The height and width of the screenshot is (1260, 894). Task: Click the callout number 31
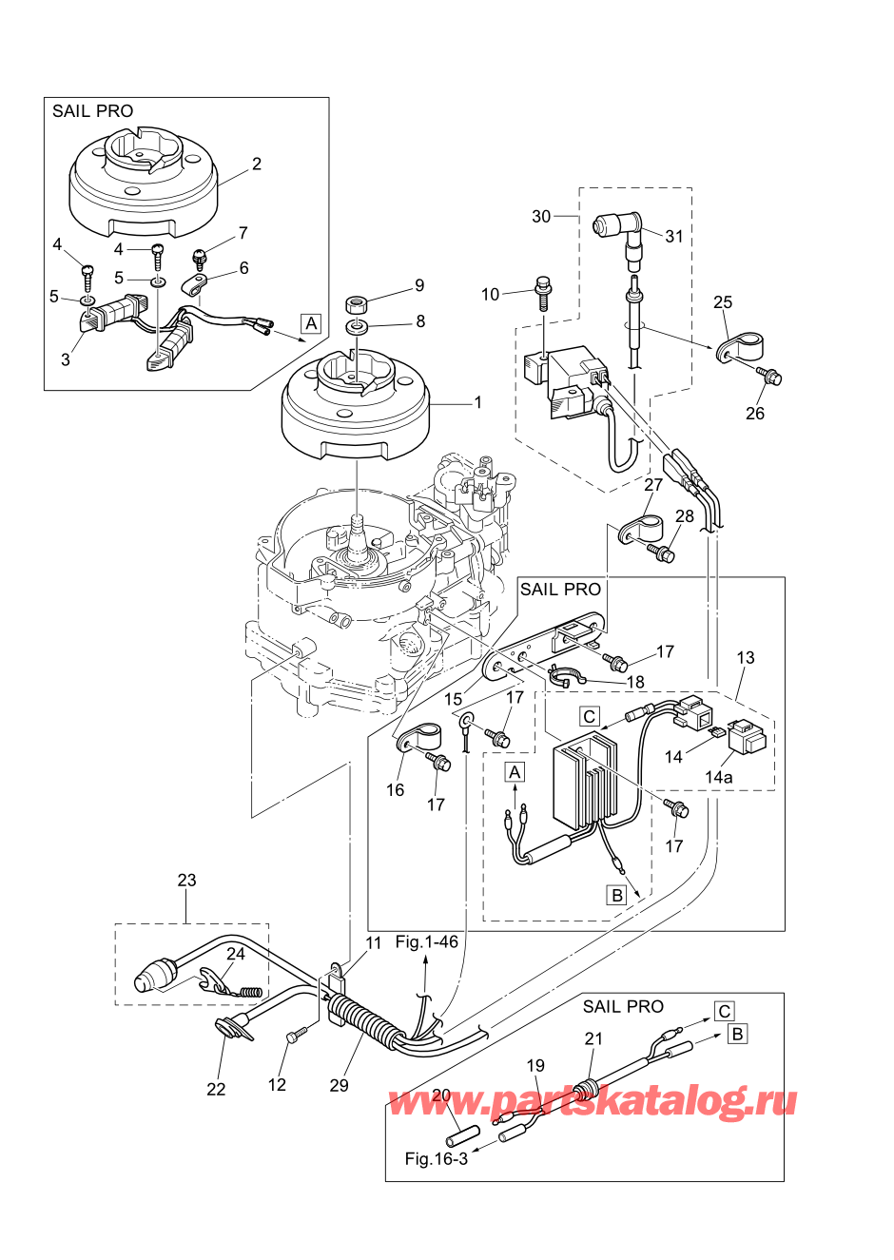(674, 236)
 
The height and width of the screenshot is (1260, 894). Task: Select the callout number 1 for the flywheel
(478, 402)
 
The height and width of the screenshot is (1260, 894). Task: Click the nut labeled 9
(358, 304)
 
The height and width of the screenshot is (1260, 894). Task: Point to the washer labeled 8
(358, 327)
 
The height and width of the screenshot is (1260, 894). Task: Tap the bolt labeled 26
(771, 377)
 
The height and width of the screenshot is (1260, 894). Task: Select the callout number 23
(186, 880)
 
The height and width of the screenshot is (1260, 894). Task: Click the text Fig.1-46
(427, 941)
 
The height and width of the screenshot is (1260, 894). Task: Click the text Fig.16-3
(437, 1158)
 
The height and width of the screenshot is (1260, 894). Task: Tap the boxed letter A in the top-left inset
(311, 323)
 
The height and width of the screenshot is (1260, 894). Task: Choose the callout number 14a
(719, 777)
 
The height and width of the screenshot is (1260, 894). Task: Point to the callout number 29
(339, 1085)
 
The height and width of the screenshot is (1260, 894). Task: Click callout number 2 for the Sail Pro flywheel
(257, 164)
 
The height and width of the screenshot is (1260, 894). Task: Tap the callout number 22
(216, 1089)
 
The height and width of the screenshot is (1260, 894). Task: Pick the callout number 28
(685, 516)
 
